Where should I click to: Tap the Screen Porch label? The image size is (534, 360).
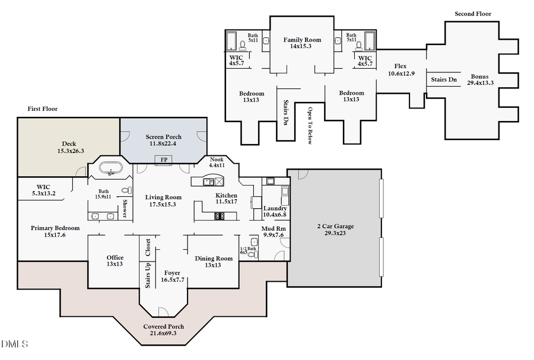click(x=164, y=137)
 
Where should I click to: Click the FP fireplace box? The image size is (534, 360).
click(x=163, y=160)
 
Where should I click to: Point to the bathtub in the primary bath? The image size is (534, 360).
click(x=110, y=170)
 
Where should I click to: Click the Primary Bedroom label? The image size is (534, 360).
click(x=55, y=228)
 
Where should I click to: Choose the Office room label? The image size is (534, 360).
click(x=115, y=257)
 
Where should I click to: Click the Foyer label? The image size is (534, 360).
click(x=172, y=273)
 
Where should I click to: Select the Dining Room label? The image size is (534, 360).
click(x=214, y=258)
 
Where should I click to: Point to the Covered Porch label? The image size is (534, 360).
click(x=164, y=326)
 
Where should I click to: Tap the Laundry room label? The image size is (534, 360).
click(x=275, y=208)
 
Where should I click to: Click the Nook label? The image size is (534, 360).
click(x=217, y=159)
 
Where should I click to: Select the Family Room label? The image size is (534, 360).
click(x=302, y=40)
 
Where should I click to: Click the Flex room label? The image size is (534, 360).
click(x=401, y=66)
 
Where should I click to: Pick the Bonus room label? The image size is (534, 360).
click(x=480, y=77)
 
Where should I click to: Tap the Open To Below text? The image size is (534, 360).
click(x=310, y=125)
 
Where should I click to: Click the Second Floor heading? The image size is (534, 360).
click(x=472, y=14)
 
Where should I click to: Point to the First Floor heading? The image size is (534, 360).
click(x=42, y=109)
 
